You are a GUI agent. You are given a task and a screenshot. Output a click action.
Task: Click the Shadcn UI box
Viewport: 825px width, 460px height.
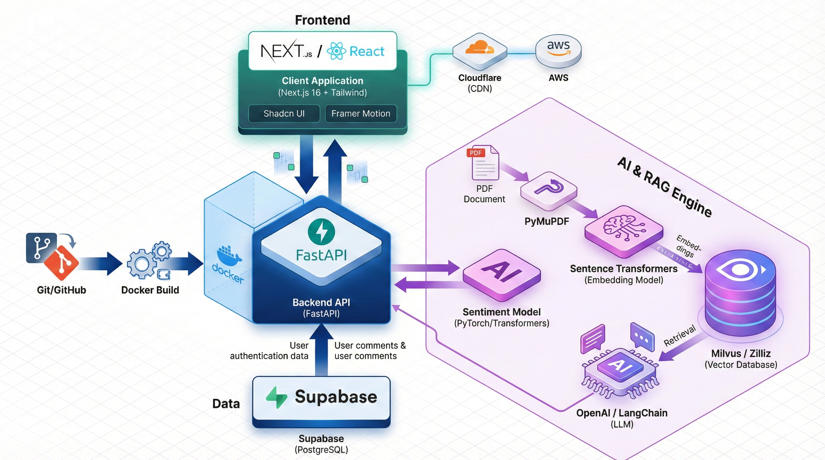click(284, 114)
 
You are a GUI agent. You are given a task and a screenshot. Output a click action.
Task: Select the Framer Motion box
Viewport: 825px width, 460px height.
click(361, 114)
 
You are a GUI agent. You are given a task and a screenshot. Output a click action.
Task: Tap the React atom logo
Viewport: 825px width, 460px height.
click(336, 51)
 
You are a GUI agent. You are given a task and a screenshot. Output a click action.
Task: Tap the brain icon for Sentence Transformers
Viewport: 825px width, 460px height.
click(623, 229)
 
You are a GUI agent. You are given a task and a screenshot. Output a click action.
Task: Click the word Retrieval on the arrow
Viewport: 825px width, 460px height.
click(679, 336)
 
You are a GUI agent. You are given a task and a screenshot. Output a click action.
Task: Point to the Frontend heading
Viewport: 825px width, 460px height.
click(322, 20)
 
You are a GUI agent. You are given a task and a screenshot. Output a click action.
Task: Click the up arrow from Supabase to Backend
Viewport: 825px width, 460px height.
click(321, 349)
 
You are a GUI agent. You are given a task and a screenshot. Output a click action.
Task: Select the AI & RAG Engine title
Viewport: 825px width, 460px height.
click(664, 187)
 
